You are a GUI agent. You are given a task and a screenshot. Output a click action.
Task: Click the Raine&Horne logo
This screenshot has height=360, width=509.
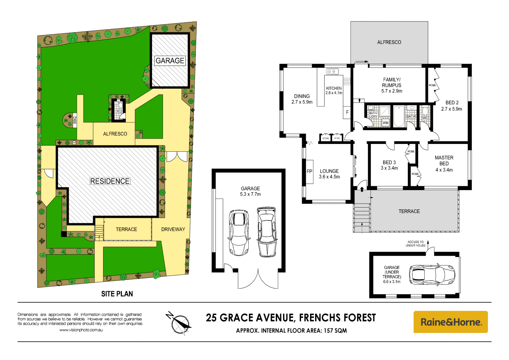(x=450, y=322)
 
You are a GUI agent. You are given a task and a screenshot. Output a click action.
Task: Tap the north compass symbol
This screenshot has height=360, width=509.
(x=179, y=323)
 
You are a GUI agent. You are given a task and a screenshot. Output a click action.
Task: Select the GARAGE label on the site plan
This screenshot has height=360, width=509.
(x=170, y=61)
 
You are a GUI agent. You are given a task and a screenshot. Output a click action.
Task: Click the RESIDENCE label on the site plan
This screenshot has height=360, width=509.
(x=110, y=181)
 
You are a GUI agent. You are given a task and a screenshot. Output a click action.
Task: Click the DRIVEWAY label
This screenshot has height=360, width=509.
(x=173, y=229)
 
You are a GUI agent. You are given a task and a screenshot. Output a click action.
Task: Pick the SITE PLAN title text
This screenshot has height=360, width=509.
(x=117, y=294)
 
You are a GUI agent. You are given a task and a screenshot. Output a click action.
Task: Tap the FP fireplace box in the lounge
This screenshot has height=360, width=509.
(x=309, y=172)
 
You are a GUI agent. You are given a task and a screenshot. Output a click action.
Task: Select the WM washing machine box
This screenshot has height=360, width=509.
(x=385, y=123)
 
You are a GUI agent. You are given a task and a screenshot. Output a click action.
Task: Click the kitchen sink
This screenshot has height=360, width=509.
(x=332, y=72)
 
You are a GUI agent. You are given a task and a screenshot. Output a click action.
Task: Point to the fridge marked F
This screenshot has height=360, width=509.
(x=347, y=112)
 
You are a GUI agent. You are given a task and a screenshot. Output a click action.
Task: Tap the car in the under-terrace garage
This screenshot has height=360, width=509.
(x=432, y=275)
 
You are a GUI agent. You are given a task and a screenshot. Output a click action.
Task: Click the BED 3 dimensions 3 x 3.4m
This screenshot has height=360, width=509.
(x=389, y=168)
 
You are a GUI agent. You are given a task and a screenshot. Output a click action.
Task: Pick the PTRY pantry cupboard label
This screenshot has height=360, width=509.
(x=337, y=138)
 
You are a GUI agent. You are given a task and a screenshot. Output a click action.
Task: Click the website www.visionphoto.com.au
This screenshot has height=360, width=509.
(x=81, y=330)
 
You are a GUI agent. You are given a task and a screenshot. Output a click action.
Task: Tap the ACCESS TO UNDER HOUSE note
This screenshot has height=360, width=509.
(x=416, y=244)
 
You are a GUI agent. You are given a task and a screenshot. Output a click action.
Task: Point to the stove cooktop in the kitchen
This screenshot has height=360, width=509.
(x=347, y=81)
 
